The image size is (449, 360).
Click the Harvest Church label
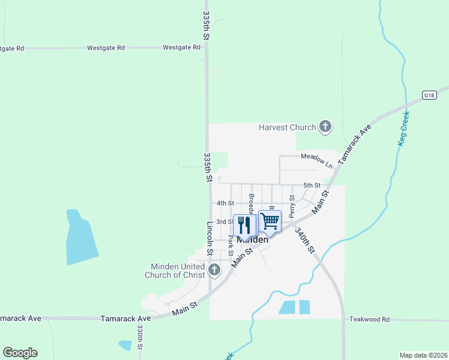pyautogui.click(x=287, y=127)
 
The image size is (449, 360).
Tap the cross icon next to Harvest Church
pyautogui.click(x=325, y=126)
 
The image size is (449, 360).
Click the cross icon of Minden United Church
pyautogui.click(x=215, y=271)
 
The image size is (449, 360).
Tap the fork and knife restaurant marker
pyautogui.click(x=244, y=226)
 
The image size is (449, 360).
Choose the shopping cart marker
pyautogui.click(x=270, y=221)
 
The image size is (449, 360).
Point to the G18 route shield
pyautogui.click(x=428, y=95)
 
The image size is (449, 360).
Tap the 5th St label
pyautogui.click(x=312, y=185)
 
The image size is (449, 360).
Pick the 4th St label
pyautogui.click(x=225, y=203)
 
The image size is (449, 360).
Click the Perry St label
pyautogui.click(x=292, y=206)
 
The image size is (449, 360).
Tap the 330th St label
pyautogui.click(x=139, y=337)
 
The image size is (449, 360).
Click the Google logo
pyautogui.click(x=20, y=353)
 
